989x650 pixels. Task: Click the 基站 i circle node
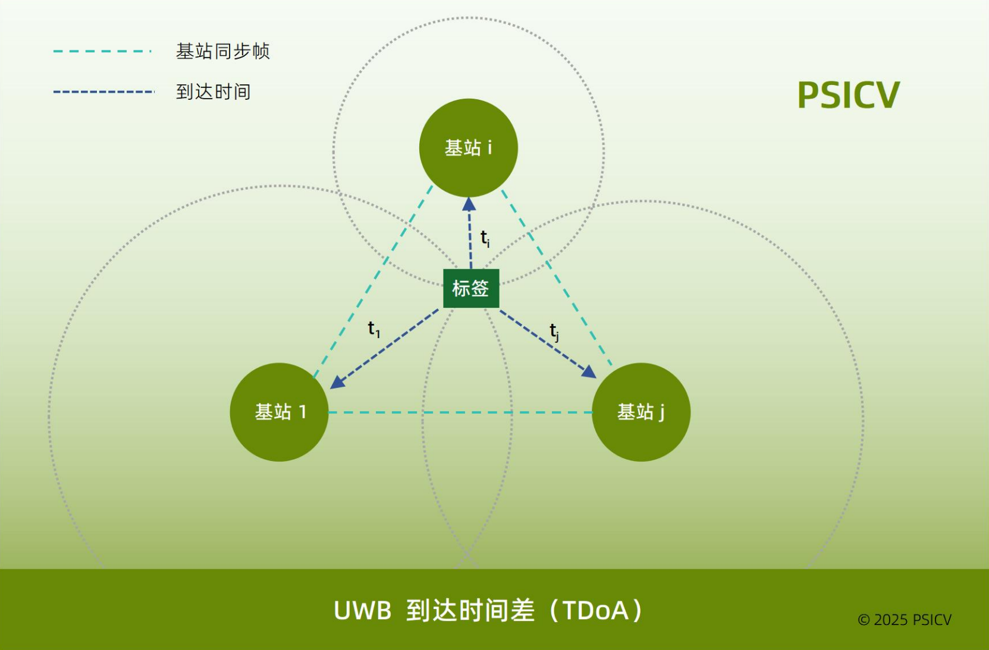coord(468,147)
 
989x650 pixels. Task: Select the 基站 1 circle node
coord(279,412)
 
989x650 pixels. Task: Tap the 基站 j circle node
coord(641,412)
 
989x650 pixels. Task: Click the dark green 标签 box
coord(471,288)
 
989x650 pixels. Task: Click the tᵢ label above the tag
coord(485,238)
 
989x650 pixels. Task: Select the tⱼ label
coord(554,332)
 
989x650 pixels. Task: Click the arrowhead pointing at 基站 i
coord(469,204)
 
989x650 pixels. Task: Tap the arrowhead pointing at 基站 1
coord(337,382)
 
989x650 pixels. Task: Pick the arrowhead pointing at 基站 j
coord(589,373)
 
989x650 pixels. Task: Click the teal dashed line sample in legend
coord(102,52)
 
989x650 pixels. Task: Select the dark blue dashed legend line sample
coord(103,92)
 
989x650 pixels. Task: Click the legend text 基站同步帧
coord(222,52)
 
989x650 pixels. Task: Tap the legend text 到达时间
coord(213,92)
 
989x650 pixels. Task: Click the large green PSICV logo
coord(848,95)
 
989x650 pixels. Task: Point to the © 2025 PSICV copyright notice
coord(904,620)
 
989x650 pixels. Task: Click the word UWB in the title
coord(362,611)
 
